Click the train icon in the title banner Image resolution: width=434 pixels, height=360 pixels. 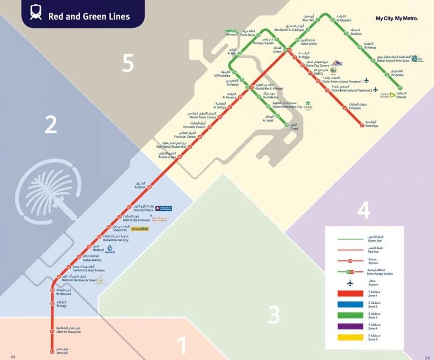(35, 13)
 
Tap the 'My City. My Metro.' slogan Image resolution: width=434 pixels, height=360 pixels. (397, 18)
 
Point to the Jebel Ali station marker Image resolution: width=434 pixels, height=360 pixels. (52, 352)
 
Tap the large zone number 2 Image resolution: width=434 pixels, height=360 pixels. (51, 126)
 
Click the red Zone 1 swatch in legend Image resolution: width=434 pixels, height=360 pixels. (351, 293)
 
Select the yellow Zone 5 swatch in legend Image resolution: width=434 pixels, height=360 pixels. (351, 338)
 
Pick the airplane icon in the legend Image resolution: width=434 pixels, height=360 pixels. (350, 283)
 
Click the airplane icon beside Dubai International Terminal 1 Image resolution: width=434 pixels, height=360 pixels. (367, 81)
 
